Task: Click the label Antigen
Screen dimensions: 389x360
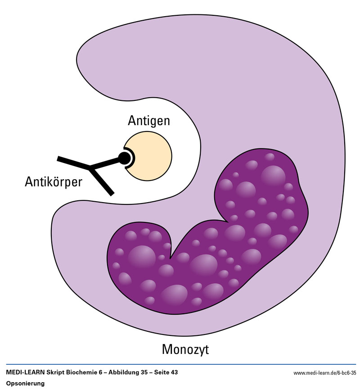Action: pos(149,121)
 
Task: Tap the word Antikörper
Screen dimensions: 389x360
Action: pos(54,182)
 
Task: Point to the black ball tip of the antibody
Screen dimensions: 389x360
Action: pos(123,157)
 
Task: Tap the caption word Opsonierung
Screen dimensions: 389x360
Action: pos(25,383)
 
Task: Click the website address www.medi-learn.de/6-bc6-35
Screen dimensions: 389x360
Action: pos(324,373)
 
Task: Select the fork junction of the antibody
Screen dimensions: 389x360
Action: pos(91,168)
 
